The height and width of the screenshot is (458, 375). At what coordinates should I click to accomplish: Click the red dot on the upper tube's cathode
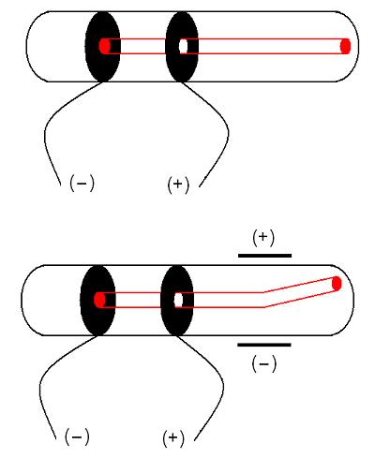click(105, 46)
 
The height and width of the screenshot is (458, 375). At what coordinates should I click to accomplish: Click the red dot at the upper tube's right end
click(345, 46)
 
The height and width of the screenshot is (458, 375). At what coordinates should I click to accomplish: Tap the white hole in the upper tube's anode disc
click(184, 46)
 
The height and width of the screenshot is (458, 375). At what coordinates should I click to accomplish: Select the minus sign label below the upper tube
click(82, 184)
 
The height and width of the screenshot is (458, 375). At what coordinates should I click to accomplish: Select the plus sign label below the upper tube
click(178, 185)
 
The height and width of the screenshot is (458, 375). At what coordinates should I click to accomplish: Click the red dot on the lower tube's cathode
click(99, 300)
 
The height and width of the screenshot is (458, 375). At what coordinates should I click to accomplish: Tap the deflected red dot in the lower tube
click(337, 284)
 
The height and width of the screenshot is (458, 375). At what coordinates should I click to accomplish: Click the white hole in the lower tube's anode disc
click(178, 300)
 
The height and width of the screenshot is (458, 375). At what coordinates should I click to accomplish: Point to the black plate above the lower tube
click(264, 256)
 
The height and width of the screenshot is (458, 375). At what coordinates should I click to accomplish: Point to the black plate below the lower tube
click(264, 345)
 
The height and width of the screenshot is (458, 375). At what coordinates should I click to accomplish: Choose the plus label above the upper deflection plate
click(263, 238)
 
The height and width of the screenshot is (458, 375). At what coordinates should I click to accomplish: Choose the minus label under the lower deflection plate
click(264, 363)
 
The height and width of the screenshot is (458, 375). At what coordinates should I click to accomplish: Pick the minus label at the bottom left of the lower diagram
click(77, 436)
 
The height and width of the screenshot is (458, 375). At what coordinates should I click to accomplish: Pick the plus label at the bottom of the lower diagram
click(173, 437)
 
